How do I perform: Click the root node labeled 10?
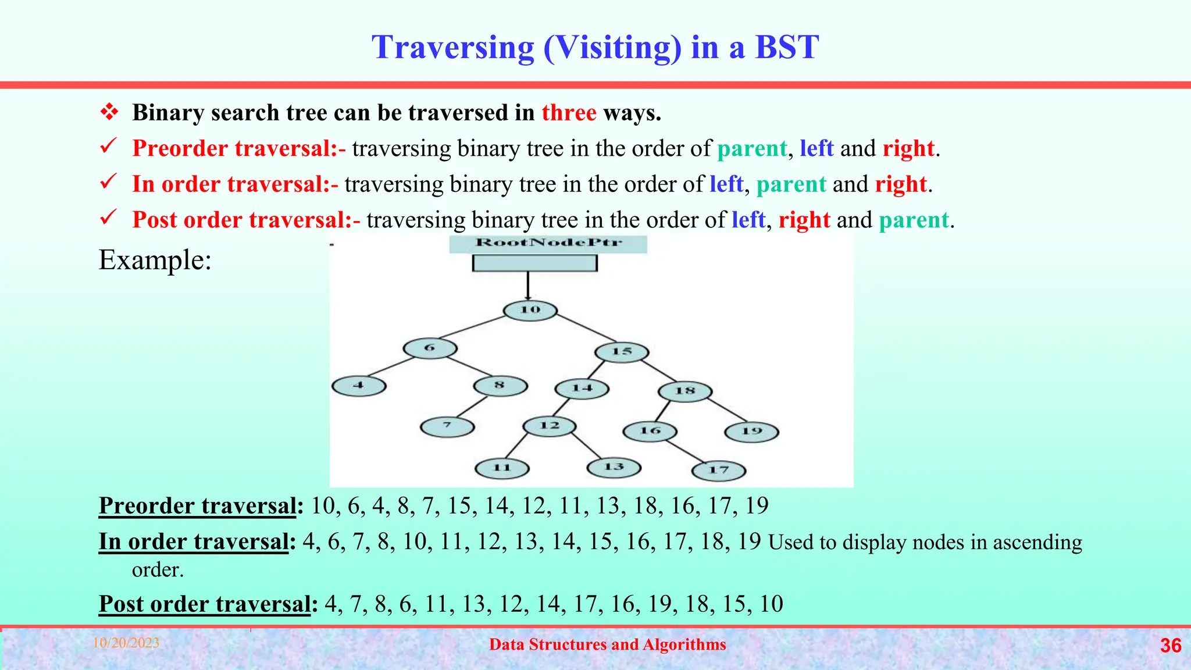point(530,310)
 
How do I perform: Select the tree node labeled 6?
point(430,348)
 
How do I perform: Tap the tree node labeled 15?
point(622,352)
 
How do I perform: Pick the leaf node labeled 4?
point(359,386)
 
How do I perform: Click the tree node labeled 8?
point(500,386)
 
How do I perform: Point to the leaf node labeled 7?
point(447,426)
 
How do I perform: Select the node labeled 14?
point(582,389)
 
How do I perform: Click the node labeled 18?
point(685,391)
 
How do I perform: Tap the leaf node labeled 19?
point(751,432)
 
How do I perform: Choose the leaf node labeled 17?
point(719,470)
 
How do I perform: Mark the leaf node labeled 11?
point(502,468)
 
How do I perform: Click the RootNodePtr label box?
point(548,243)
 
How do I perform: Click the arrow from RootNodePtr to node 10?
point(528,285)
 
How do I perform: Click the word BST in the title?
point(786,47)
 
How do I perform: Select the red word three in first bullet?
point(569,112)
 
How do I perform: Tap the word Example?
point(155,259)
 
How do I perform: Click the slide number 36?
point(1170,646)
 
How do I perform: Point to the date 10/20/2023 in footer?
point(126,643)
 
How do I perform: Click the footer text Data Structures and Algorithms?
point(607,644)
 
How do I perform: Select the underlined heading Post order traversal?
point(205,604)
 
